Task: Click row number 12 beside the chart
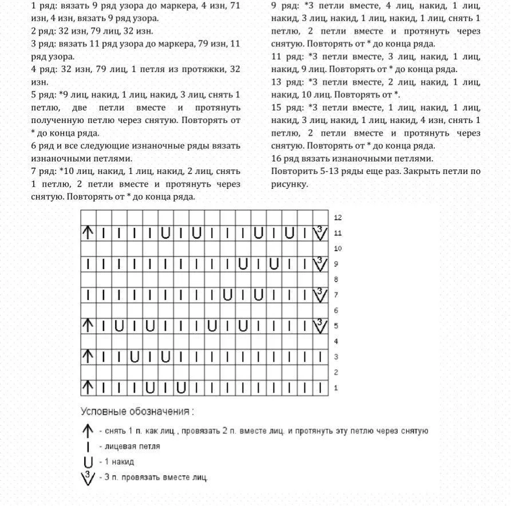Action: tap(338, 218)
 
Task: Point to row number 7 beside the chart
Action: tap(336, 295)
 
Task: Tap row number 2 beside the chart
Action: tap(336, 372)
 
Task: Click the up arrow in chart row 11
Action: tap(88, 233)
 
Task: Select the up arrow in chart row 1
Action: tap(88, 388)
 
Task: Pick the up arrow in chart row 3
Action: tap(88, 357)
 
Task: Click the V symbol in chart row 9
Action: tap(320, 264)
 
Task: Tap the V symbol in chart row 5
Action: tap(320, 326)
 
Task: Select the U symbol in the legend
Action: tap(88, 462)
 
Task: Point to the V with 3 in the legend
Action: tap(88, 477)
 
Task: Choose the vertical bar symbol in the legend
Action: tap(88, 446)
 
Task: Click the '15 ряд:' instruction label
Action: tap(287, 108)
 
